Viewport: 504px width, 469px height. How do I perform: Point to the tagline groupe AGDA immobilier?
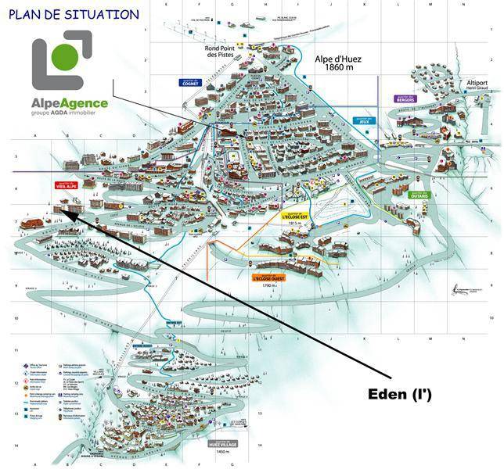pos(69,114)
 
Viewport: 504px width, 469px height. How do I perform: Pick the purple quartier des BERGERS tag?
pos(405,99)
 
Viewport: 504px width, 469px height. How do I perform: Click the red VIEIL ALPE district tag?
pos(66,186)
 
